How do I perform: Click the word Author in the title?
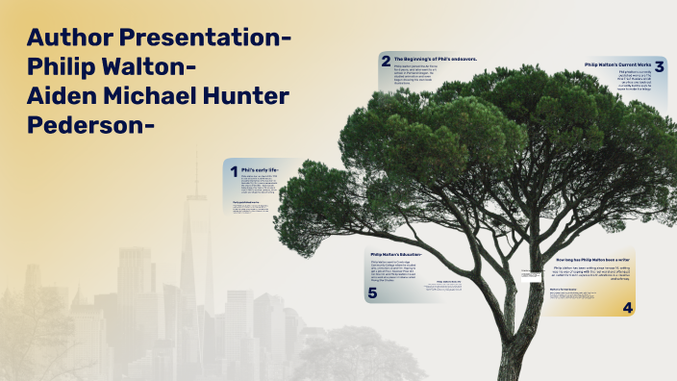click(x=69, y=38)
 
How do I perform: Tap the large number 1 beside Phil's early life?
click(x=233, y=172)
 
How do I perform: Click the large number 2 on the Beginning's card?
click(x=386, y=61)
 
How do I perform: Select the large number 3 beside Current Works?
click(x=659, y=66)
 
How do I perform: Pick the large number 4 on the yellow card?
click(x=628, y=308)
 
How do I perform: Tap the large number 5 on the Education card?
click(x=372, y=292)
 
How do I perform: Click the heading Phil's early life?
click(x=260, y=169)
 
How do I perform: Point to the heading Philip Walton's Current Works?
click(x=617, y=63)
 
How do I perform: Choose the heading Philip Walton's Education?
click(x=396, y=254)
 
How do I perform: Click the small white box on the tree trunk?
click(x=532, y=277)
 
